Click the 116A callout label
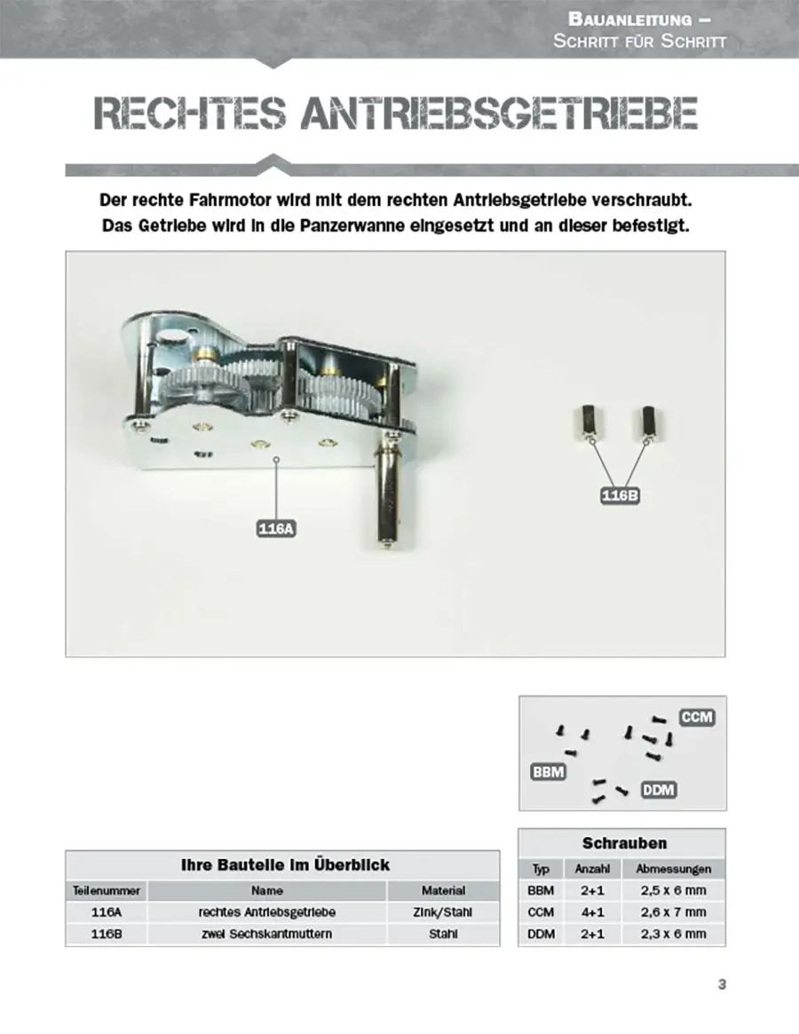point(275,530)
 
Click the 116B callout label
point(620,496)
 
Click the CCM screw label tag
point(698,716)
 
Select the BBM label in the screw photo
point(548,771)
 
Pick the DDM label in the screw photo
point(658,788)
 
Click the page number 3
point(722,983)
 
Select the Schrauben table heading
point(623,843)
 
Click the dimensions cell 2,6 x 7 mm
point(674,912)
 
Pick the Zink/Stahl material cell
point(442,912)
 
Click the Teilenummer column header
point(106,890)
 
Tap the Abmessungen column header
point(674,869)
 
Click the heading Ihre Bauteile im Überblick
point(285,864)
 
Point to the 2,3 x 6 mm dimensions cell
point(674,934)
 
